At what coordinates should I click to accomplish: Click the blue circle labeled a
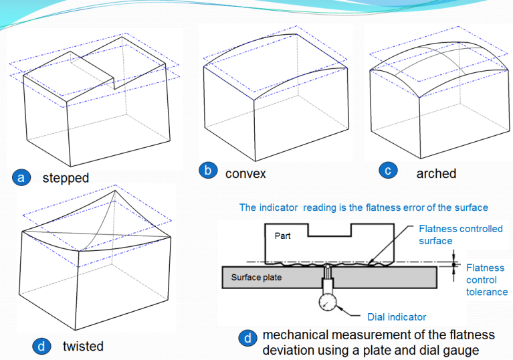[x=21, y=177]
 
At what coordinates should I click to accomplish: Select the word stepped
[x=66, y=178]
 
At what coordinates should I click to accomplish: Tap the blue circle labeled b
[x=208, y=171]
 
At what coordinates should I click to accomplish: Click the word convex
[x=245, y=173]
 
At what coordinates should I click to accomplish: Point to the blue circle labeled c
[x=387, y=171]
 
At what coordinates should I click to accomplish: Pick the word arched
[x=436, y=173]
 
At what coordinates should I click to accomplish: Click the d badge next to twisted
[x=41, y=346]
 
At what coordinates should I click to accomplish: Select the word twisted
[x=83, y=346]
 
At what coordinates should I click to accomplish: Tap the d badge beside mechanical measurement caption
[x=247, y=339]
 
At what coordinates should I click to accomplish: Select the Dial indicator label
[x=397, y=317]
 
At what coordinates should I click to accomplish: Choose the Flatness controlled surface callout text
[x=460, y=234]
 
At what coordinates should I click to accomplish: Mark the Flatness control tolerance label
[x=486, y=280]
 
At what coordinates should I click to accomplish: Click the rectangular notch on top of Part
[x=329, y=229]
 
